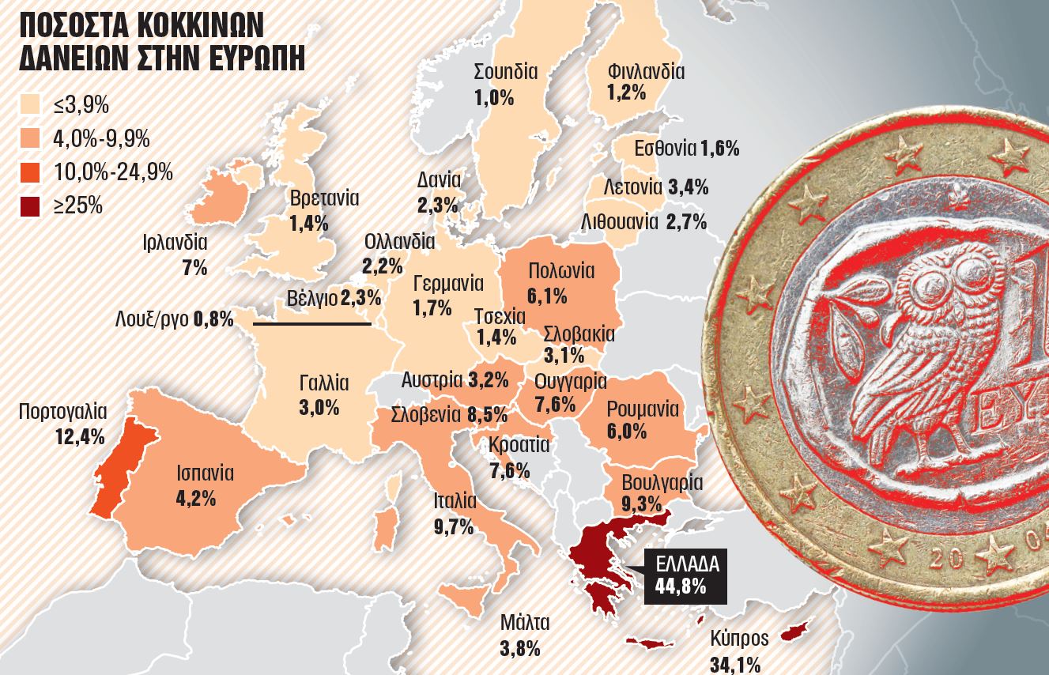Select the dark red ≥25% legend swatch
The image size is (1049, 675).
pyautogui.click(x=31, y=206)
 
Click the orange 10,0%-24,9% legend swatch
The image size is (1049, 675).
pyautogui.click(x=31, y=172)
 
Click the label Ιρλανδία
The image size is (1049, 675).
pyautogui.click(x=175, y=243)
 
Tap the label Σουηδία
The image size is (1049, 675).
pyautogui.click(x=506, y=72)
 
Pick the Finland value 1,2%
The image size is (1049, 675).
pyautogui.click(x=627, y=92)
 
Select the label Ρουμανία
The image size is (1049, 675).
pyautogui.click(x=643, y=409)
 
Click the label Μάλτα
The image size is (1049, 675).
pyautogui.click(x=524, y=622)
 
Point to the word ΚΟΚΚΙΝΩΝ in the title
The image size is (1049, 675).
pyautogui.click(x=200, y=25)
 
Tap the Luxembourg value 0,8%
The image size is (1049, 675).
pyautogui.click(x=213, y=319)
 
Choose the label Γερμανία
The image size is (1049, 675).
pyautogui.click(x=448, y=282)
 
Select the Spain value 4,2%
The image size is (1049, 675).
pyautogui.click(x=196, y=499)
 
